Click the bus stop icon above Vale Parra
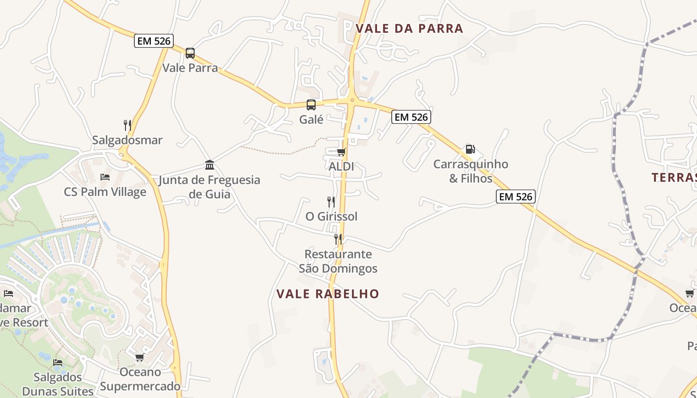click(x=190, y=53)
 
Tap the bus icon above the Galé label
click(x=311, y=104)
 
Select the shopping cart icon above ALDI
click(x=341, y=152)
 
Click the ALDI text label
click(x=342, y=166)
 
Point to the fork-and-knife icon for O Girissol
click(x=331, y=201)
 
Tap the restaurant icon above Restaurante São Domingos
click(x=338, y=239)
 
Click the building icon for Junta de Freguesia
click(x=210, y=165)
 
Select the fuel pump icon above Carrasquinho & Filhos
click(x=469, y=149)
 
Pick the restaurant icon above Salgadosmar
click(x=127, y=125)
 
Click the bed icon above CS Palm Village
click(x=105, y=177)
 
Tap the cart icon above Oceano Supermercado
click(x=140, y=357)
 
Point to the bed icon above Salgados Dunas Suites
click(x=58, y=362)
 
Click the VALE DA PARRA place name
click(x=409, y=28)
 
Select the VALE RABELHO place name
click(x=328, y=294)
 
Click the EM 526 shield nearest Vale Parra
click(x=154, y=41)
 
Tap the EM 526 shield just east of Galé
click(x=411, y=117)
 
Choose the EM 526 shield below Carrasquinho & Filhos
click(x=516, y=197)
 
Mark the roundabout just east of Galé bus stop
click(x=352, y=100)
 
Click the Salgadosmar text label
click(x=127, y=140)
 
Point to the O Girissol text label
click(x=332, y=216)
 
